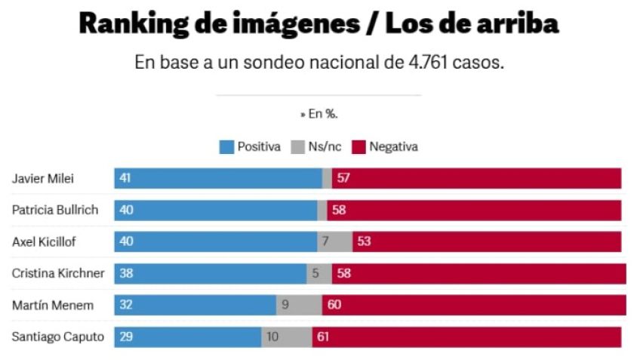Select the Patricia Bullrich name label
pos(55,210)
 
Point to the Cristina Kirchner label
pos(58,273)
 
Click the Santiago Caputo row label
pos(57,337)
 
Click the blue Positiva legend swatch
pos(226,147)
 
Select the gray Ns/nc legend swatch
pos(297,147)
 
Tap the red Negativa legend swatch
pos(358,147)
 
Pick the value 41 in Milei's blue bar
pos(125,179)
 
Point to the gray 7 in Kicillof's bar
pos(325,242)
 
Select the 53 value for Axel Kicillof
pos(365,242)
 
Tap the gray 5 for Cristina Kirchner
pos(316,273)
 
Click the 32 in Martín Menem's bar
pos(126,305)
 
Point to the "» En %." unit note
pos(318,114)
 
